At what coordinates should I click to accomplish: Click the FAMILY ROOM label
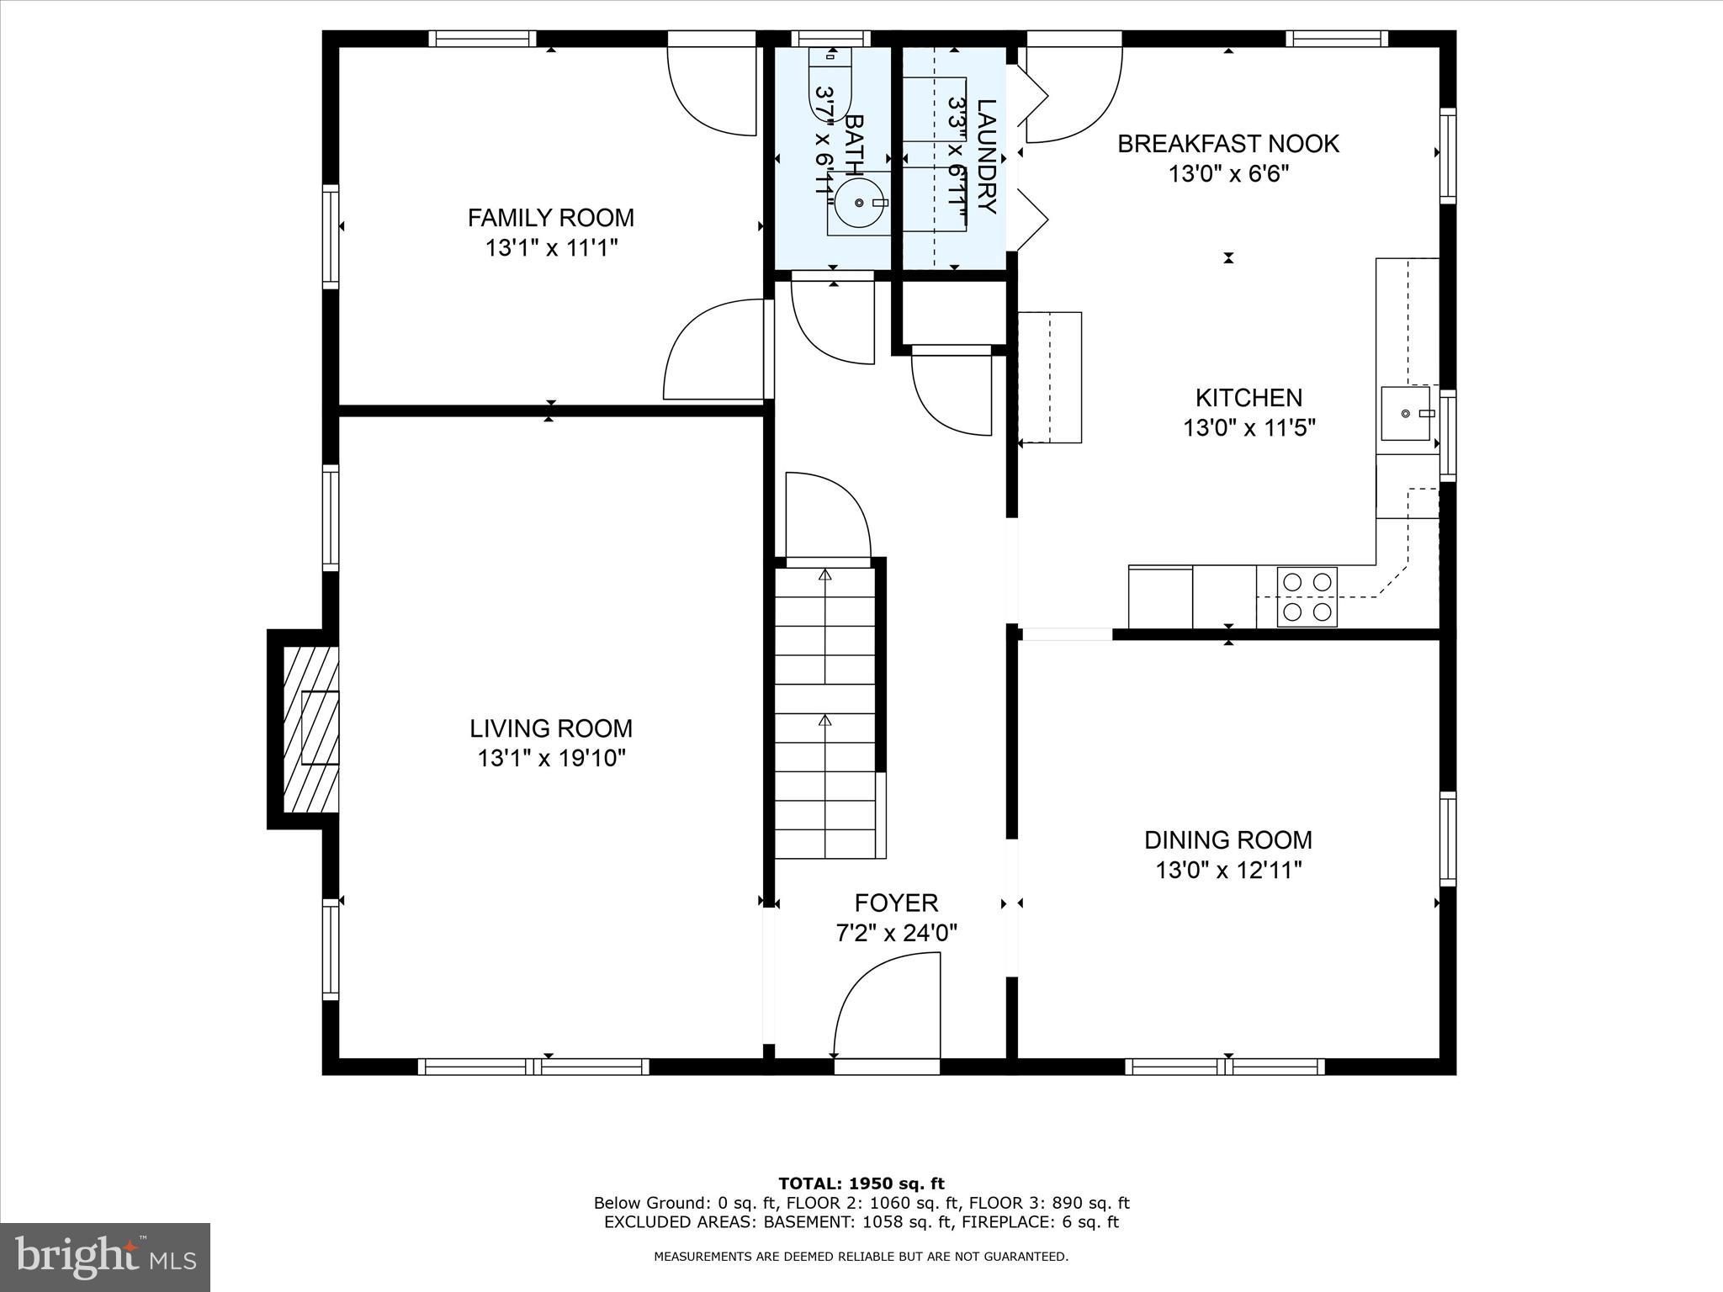[x=550, y=218]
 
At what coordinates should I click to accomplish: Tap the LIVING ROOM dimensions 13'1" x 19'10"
[x=551, y=759]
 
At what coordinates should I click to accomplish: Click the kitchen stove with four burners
[x=1307, y=596]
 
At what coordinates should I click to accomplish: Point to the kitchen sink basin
[x=1405, y=413]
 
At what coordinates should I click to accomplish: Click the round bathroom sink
[x=858, y=203]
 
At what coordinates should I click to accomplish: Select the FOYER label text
[x=896, y=903]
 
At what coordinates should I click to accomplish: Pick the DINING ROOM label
[x=1227, y=839]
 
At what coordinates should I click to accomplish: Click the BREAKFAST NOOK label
[x=1227, y=144]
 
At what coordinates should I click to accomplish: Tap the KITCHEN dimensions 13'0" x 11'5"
[x=1249, y=428]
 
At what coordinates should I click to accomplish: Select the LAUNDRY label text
[x=986, y=156]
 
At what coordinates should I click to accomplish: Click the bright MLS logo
[x=105, y=1257]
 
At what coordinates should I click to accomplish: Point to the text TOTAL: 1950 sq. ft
[x=861, y=1183]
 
